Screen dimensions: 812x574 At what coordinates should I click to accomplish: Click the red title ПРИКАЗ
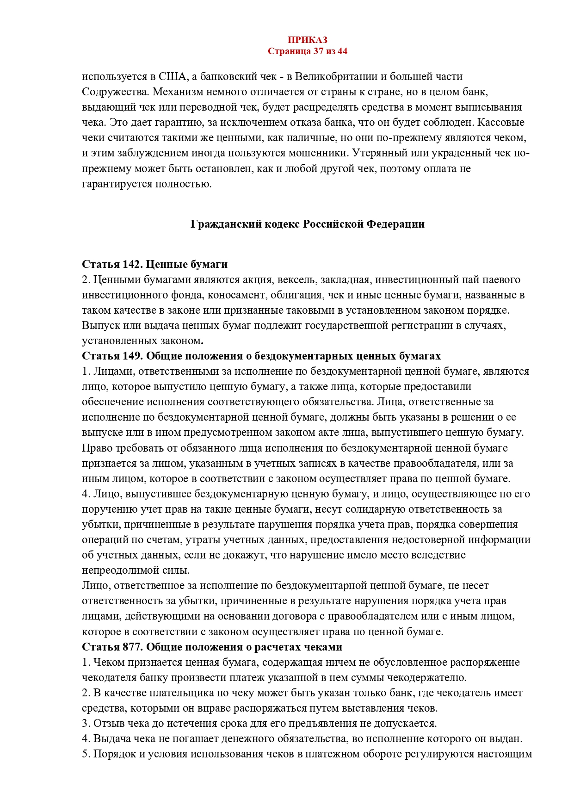coord(307,40)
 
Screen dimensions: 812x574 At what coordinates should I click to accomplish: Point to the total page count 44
coord(342,51)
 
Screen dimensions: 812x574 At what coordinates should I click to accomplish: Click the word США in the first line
coord(171,76)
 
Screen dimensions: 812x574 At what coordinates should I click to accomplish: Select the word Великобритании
coord(340,76)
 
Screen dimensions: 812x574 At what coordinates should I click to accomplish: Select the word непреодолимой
coord(117,570)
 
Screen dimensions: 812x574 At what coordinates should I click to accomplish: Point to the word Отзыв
coord(107,723)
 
